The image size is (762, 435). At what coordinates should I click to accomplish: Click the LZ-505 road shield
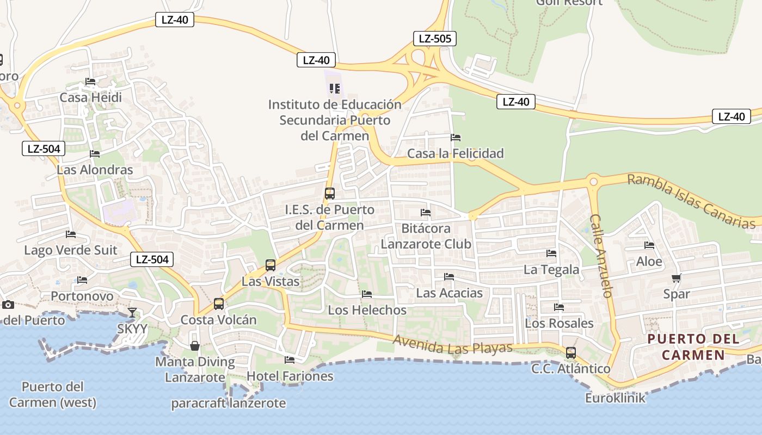click(434, 39)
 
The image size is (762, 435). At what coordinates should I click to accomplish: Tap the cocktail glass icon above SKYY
click(132, 312)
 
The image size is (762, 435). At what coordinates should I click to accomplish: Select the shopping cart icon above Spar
click(676, 278)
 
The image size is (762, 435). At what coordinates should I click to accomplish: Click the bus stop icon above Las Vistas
click(270, 265)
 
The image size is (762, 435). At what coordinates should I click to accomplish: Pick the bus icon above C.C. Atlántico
click(570, 353)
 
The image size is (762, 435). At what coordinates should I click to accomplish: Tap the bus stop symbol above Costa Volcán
click(218, 303)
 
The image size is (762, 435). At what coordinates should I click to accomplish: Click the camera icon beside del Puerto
click(8, 304)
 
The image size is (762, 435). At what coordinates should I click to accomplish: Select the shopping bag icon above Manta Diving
click(194, 346)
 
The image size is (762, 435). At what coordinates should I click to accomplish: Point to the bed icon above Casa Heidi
click(90, 82)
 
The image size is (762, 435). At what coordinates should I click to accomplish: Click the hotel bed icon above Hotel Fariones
click(290, 360)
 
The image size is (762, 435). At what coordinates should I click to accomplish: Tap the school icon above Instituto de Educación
click(335, 88)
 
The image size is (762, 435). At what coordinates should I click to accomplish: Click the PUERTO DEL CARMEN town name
click(693, 347)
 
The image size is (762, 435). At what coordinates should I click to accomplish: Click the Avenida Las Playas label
click(452, 345)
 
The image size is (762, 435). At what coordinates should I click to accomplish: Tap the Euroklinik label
click(615, 398)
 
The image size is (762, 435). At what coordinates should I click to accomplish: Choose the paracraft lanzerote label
click(228, 403)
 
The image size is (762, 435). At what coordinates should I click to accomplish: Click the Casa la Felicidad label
click(455, 153)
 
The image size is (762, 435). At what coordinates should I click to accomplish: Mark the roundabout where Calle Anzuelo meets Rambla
click(593, 182)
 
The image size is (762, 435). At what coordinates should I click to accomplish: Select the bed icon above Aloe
click(649, 245)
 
